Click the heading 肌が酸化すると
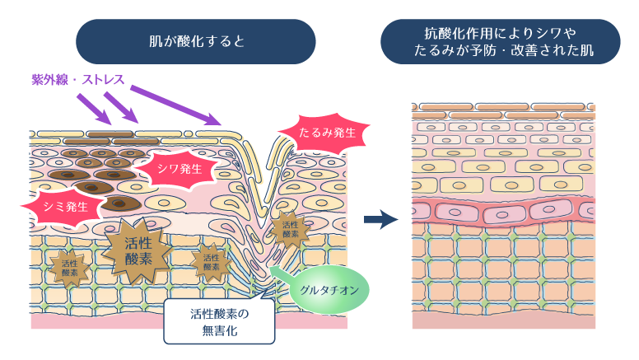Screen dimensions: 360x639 (196, 41)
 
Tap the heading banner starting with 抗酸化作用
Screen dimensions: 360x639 (500, 41)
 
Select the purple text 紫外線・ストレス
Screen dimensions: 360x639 (72, 80)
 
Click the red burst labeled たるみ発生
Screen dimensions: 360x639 (309, 132)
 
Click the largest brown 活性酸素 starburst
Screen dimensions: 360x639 (138, 248)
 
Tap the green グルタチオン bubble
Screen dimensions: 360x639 (329, 290)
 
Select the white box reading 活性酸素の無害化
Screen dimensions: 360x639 (219, 320)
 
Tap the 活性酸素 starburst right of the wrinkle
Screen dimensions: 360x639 (290, 229)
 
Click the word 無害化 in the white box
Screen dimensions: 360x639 (219, 331)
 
